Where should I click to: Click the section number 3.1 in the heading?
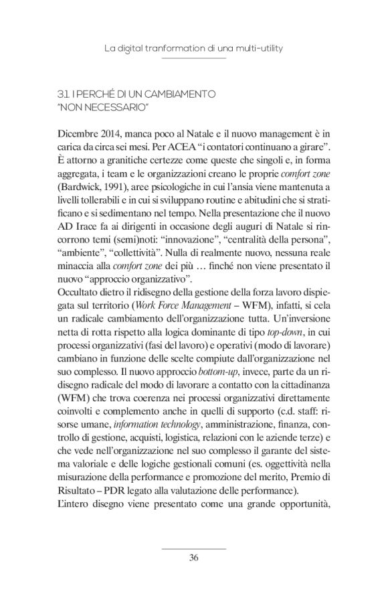tap(66, 94)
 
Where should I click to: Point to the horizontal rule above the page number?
tap(194, 546)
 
